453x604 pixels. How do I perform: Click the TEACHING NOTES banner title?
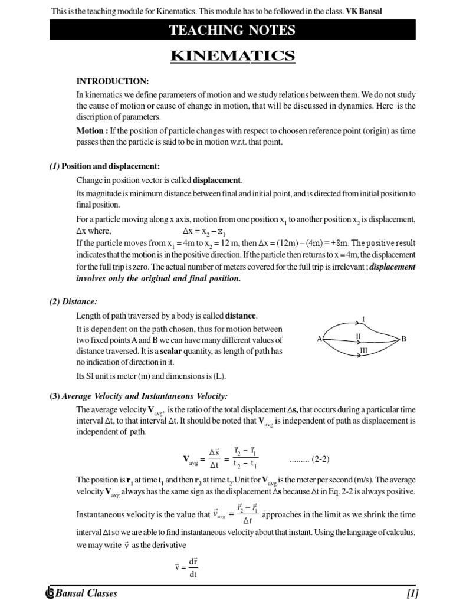point(232,30)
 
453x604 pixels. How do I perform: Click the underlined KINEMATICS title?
point(232,56)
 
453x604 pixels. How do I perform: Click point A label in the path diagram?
point(319,339)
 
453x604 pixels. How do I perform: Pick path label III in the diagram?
point(363,351)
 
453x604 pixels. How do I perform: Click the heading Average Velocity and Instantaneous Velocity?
point(145,396)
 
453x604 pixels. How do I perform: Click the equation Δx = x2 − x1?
point(200,231)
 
